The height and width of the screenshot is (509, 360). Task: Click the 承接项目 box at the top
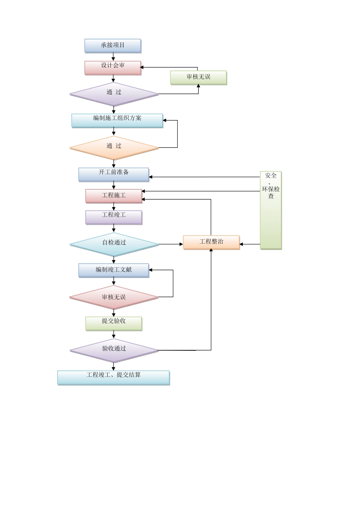point(113,45)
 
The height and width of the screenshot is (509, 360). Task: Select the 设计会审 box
point(113,68)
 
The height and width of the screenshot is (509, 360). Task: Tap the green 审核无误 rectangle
point(198,77)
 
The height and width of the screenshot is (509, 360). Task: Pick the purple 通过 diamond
point(114,94)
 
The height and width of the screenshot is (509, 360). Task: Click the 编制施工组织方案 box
point(117,120)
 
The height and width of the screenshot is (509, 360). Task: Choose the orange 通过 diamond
point(114,148)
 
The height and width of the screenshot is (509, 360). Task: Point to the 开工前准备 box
point(114,174)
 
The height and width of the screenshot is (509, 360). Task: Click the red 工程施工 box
point(114,196)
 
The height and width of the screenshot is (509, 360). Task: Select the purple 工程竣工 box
point(114,217)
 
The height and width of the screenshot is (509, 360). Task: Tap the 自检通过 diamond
point(114,244)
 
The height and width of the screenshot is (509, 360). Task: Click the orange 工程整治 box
point(211,242)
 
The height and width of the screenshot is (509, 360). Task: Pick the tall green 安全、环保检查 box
point(271,210)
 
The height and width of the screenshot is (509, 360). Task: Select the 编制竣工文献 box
point(114,270)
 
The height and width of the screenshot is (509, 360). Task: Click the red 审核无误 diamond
point(114,298)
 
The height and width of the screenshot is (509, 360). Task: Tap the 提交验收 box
point(114,323)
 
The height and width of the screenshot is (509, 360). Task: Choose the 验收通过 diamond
point(114,350)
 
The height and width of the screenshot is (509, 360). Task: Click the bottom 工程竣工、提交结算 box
point(113,378)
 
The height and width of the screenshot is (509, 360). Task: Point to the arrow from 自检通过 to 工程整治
point(171,244)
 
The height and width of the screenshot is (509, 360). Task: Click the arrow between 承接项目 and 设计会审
point(113,56)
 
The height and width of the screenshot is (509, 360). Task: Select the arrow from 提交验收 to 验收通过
point(114,334)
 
